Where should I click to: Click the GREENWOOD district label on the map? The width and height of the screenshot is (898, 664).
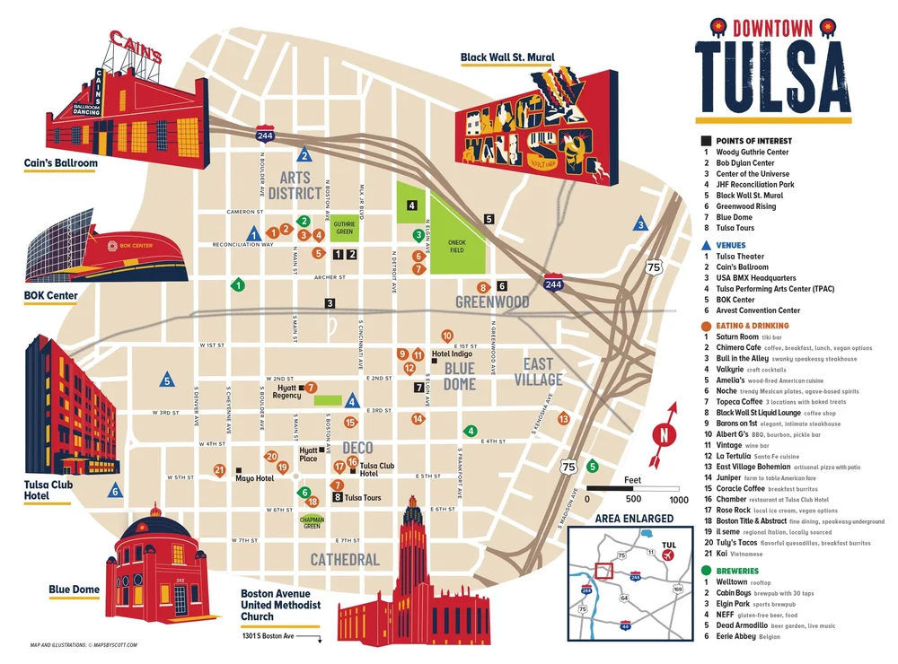[492, 302]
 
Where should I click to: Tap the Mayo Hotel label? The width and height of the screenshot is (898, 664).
[254, 478]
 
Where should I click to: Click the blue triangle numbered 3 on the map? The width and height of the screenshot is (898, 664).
[640, 224]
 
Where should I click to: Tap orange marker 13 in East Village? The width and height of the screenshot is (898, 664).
[564, 418]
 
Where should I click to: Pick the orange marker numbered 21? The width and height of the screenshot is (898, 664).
[219, 469]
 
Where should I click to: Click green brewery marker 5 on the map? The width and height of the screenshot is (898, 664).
[592, 466]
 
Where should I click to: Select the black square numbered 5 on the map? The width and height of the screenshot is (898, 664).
[489, 218]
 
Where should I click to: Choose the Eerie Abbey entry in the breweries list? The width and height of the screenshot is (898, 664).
[735, 635]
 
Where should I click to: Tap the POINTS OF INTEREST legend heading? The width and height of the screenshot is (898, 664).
[753, 141]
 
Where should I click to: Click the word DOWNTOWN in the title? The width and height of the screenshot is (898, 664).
[771, 27]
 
